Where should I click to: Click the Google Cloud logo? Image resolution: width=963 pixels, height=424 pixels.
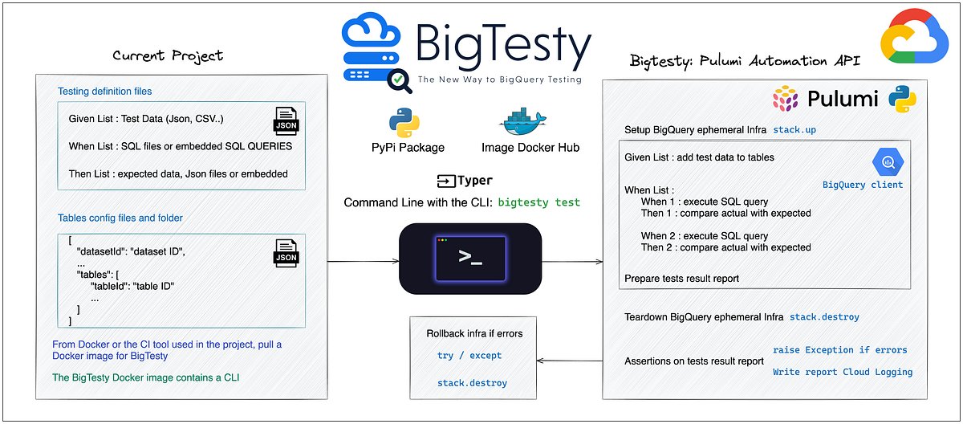(914, 36)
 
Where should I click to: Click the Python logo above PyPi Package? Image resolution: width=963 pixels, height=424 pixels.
(404, 123)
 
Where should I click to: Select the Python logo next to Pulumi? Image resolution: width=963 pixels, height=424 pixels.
(902, 99)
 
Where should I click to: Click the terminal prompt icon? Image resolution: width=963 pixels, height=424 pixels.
(470, 259)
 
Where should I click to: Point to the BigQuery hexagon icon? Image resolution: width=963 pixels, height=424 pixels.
(888, 161)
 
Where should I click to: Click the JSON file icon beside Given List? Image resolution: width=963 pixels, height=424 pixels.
(286, 120)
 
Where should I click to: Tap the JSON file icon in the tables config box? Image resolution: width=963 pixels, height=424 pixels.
(286, 253)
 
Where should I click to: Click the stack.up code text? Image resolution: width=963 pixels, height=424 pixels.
(794, 129)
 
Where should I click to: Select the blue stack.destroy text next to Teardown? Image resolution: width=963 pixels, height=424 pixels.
(824, 317)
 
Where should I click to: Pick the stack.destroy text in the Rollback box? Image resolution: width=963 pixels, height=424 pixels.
(472, 383)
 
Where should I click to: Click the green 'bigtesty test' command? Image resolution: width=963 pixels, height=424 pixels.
(538, 202)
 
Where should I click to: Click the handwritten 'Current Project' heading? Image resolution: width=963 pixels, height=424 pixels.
(168, 55)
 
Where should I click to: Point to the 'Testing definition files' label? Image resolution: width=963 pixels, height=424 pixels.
(105, 92)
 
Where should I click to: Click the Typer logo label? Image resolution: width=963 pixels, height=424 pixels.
(465, 181)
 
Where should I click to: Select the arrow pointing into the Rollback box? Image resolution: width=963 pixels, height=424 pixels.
(569, 361)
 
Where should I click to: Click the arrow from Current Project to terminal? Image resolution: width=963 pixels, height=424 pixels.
(364, 261)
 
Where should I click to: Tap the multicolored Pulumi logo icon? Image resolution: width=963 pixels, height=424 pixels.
(786, 99)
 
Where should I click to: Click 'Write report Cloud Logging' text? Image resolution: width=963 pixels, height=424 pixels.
(843, 372)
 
